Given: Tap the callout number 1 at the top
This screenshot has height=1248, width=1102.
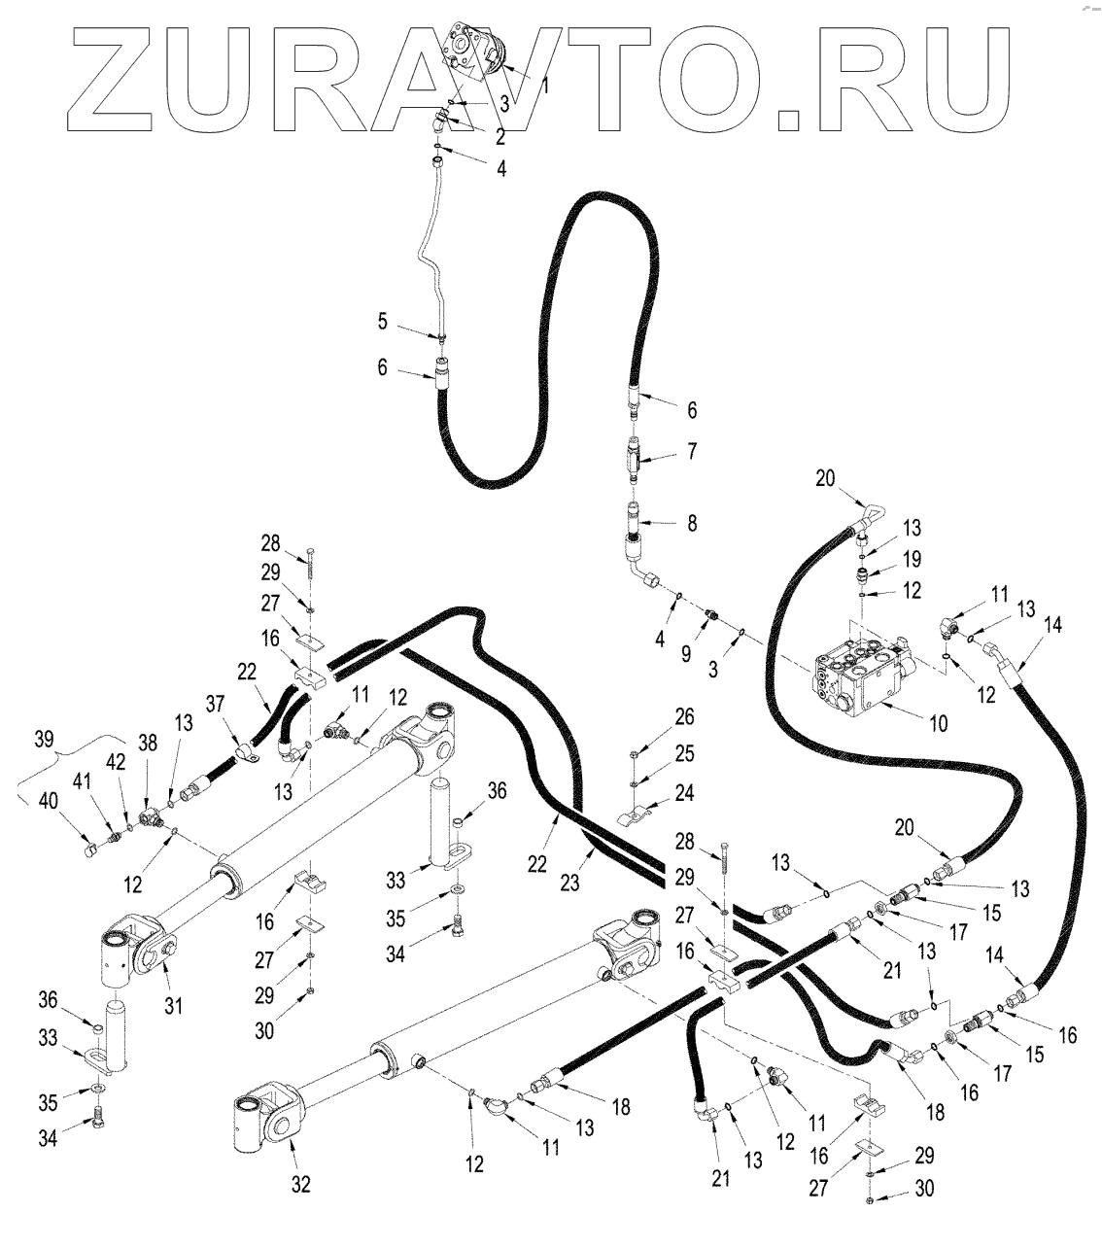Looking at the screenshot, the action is [x=545, y=86].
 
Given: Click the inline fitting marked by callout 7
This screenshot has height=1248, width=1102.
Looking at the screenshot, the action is [x=634, y=457].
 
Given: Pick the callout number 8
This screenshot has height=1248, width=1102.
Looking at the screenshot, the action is [x=692, y=523].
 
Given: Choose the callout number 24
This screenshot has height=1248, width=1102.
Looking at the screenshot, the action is [x=686, y=794].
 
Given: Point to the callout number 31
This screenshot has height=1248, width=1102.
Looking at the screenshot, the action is [x=173, y=1004].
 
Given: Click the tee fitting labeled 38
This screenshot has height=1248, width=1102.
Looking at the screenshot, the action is [x=150, y=819].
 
